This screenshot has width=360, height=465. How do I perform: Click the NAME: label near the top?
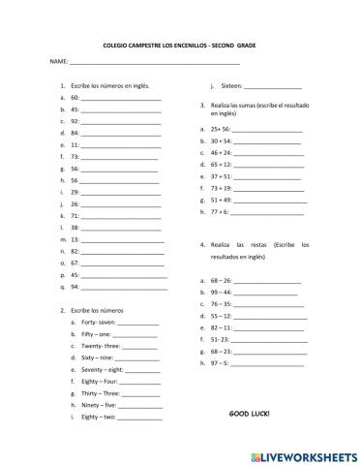pyautogui.click(x=57, y=61)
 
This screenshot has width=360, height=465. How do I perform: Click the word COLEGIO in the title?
pyautogui.click(x=116, y=45)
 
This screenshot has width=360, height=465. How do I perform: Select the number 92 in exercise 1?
pyautogui.click(x=75, y=121)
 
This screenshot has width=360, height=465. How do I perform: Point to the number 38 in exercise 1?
pyautogui.click(x=75, y=227)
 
